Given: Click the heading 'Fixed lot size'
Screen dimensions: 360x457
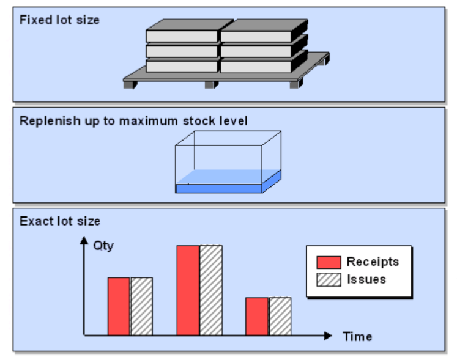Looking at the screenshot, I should point(59,20).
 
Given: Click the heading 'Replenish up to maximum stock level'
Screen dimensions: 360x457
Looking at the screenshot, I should point(133,120).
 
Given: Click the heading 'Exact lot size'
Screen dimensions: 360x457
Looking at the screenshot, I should point(60,221).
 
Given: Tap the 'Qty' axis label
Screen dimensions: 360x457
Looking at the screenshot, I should point(103,246).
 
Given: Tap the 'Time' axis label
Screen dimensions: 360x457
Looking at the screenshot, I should point(357,337).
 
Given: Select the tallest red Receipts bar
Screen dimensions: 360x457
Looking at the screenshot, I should point(188,290).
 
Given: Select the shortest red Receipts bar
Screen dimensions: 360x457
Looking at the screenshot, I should point(257,316).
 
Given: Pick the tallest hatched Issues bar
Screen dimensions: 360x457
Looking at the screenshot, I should point(210,290).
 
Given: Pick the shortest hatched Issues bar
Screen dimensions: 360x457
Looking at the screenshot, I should point(280,316).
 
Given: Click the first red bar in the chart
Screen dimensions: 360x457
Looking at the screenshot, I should point(119,306).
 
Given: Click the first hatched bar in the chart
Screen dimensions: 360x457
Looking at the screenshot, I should point(141,306).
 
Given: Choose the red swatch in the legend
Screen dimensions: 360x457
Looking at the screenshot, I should point(328,262).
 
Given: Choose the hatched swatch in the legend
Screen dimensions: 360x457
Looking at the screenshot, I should point(328,280).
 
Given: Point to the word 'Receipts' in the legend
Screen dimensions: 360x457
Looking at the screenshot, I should point(372,262).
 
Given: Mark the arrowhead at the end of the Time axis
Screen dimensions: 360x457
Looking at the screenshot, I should point(329,336).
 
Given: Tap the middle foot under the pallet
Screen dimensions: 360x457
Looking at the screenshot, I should point(211,84).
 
